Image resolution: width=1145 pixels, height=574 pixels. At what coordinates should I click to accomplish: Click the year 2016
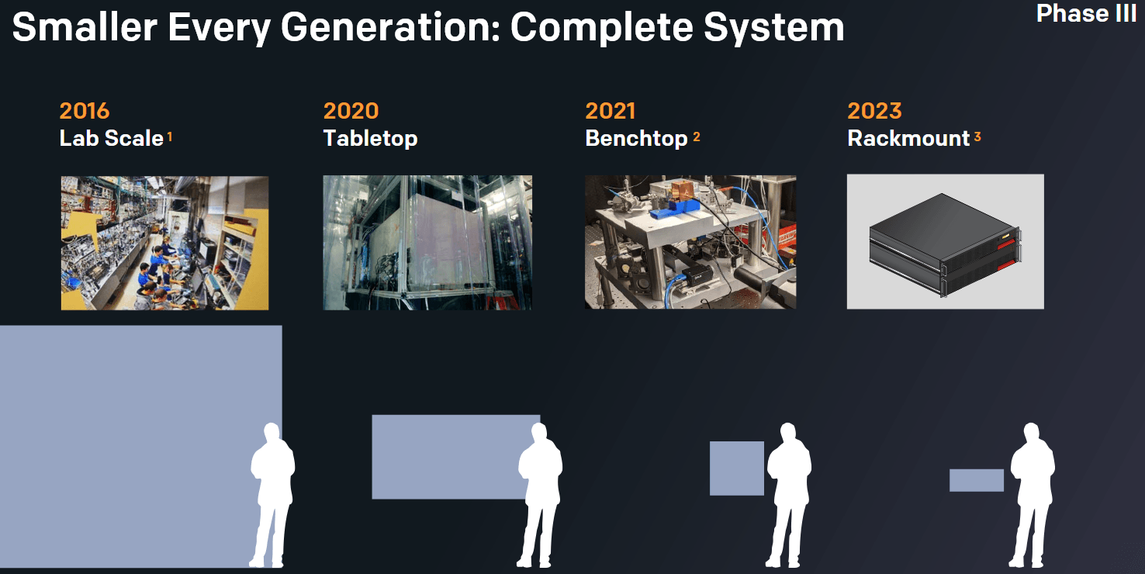point(85,111)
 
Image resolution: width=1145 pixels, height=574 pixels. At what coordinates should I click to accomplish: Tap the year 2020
point(351,111)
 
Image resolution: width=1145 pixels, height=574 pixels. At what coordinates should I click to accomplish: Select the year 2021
point(611,111)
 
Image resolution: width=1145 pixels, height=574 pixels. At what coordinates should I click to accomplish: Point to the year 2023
point(874,111)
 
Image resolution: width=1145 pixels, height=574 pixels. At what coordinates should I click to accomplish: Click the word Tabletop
point(370,139)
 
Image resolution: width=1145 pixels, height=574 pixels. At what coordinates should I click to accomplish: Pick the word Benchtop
point(636,139)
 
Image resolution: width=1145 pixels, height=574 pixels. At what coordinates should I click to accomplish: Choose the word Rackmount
point(908,139)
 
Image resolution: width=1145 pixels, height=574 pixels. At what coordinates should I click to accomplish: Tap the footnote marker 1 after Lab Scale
point(170,137)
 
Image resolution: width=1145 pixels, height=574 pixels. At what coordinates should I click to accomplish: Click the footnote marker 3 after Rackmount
point(977,137)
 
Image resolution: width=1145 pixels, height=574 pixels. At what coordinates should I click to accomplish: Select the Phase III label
point(1086,13)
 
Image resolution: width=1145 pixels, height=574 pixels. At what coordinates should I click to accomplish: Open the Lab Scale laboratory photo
point(164,243)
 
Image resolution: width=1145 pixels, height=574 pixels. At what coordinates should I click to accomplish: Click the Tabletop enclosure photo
point(427,242)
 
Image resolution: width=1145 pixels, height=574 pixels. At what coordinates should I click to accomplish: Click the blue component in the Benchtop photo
point(673,209)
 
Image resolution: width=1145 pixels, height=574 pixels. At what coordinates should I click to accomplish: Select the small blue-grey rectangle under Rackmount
point(977,480)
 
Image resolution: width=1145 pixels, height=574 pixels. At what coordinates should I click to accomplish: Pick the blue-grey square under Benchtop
point(737,469)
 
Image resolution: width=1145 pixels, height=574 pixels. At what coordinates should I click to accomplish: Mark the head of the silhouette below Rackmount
point(1032,433)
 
